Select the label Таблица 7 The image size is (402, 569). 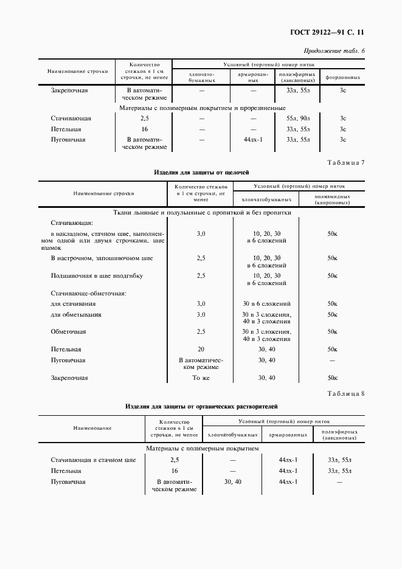pos(345,162)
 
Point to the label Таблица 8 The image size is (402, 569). pos(345,393)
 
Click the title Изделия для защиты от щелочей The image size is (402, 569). pos(201,172)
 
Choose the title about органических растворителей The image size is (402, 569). pos(201,405)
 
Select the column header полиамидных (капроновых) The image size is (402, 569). pos(332,199)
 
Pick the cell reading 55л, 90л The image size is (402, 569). pos(297,119)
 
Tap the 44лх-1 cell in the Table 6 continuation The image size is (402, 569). pos(253,140)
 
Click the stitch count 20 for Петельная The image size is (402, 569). pos(201,350)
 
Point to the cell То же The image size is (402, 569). pos(201,378)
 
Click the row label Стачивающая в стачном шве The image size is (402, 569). pos(93,460)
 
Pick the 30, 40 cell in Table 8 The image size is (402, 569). pos(232,481)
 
